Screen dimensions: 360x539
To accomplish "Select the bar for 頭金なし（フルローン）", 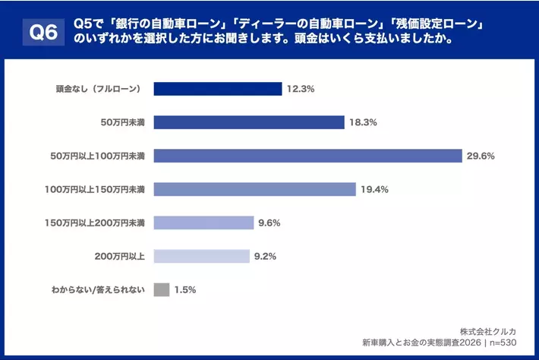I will pyautogui.click(x=218, y=89).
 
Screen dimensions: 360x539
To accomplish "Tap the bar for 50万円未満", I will pyautogui.click(x=249, y=122).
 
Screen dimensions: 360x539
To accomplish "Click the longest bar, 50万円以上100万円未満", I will pyautogui.click(x=307, y=156).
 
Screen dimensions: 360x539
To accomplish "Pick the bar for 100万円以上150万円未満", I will pyautogui.click(x=254, y=189).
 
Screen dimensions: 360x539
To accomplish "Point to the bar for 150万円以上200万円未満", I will pyautogui.click(x=203, y=223).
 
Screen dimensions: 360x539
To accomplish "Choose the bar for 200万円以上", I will pyautogui.click(x=201, y=256).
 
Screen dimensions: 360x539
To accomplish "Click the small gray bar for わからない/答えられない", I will pyautogui.click(x=161, y=289).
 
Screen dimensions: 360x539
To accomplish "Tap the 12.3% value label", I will pyautogui.click(x=301, y=89).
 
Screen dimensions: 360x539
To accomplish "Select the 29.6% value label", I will pyautogui.click(x=481, y=156).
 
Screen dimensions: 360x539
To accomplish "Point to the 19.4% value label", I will pyautogui.click(x=374, y=189).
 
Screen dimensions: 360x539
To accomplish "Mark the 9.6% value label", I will pyautogui.click(x=270, y=223).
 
